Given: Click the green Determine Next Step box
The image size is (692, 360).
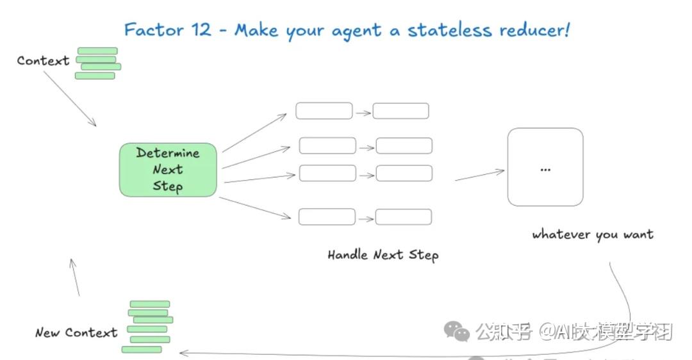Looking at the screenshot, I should pos(168,170).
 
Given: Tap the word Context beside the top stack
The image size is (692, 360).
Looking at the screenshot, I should pos(43,61).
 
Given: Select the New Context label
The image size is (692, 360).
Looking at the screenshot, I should pos(76,332).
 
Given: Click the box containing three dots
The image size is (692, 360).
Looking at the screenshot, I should pos(545,167).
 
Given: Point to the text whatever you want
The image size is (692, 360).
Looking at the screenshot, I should pos(593,234).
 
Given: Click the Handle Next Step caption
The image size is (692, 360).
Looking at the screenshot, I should pos(383,255).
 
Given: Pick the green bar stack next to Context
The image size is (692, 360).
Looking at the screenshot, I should pos(98,63).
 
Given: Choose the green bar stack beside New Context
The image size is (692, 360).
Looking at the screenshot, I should pos(149,327).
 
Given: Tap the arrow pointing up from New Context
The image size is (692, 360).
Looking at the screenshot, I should pos(75,277).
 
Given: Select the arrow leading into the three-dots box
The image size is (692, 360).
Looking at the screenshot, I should pos(479,175).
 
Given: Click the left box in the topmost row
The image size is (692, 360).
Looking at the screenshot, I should pos(324,111).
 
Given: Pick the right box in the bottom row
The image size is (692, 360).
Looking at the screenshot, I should pos(403,217).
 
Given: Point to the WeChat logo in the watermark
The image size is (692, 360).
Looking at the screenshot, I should pos(457,331).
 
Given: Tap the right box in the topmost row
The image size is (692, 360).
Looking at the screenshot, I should pos(400,111).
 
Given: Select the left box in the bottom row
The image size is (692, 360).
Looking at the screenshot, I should pos(327,217).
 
